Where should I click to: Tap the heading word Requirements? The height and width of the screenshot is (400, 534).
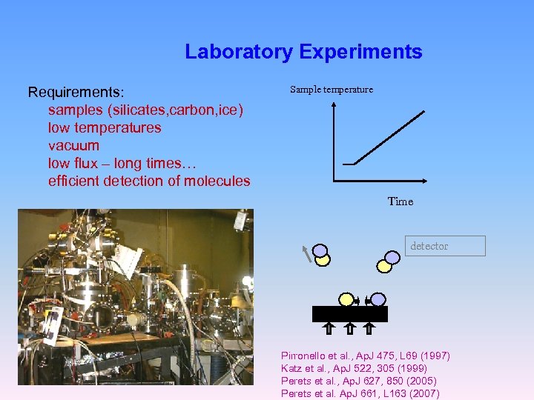[x=76, y=93]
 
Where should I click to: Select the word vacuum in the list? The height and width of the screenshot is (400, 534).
[x=73, y=145]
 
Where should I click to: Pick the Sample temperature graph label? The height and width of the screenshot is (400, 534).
[x=332, y=90]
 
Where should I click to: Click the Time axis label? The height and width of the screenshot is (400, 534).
[x=400, y=201]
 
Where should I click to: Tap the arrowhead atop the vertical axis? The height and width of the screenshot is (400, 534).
[x=334, y=105]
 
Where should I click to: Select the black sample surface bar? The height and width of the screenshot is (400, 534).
[x=350, y=314]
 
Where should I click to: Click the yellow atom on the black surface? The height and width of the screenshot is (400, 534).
[x=346, y=299]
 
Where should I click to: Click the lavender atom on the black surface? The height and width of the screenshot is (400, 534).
[x=378, y=299]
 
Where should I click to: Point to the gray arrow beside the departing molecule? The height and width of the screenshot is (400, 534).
[x=306, y=254]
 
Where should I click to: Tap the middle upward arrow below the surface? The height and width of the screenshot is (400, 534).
[x=350, y=328]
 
